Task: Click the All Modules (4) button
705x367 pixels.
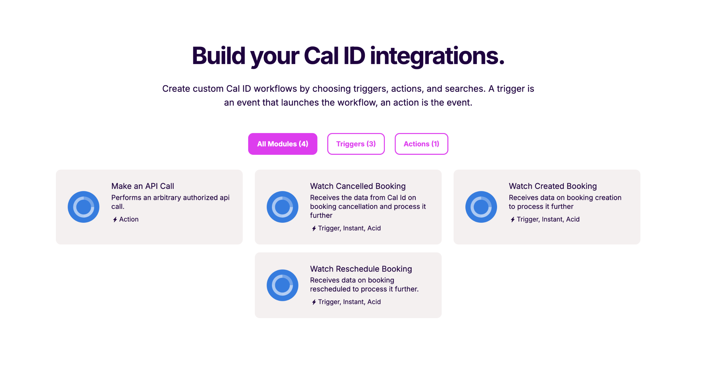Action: (282, 144)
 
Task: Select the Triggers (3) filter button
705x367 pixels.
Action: (356, 144)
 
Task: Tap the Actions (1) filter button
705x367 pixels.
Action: (421, 144)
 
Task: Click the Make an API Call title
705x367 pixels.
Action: (142, 186)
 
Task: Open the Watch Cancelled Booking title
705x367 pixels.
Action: (358, 186)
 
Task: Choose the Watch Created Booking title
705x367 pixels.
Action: (553, 186)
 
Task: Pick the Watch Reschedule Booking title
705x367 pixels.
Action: (361, 269)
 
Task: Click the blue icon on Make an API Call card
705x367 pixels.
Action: (84, 207)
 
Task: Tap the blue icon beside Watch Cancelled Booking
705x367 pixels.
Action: (282, 207)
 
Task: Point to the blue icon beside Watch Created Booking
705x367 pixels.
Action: (481, 207)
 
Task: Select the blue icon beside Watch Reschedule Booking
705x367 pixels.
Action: (282, 285)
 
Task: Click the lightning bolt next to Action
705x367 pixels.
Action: (115, 219)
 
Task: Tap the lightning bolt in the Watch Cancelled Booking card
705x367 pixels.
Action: (314, 228)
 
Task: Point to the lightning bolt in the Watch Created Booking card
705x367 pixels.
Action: (512, 219)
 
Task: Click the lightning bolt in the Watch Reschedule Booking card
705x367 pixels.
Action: (314, 302)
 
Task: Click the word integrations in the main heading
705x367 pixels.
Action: (437, 56)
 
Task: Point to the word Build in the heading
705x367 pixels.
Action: (219, 56)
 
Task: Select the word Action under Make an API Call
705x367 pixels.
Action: (129, 219)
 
